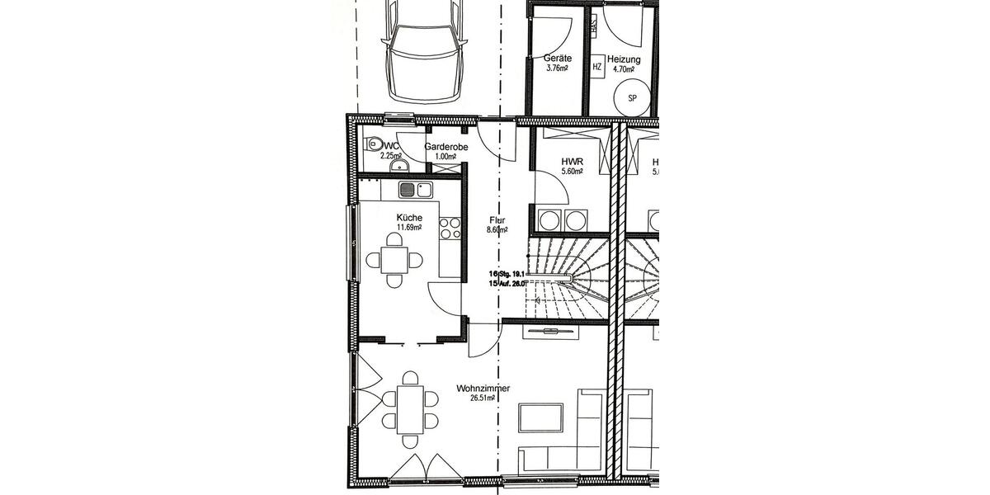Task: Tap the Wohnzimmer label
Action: (x=483, y=388)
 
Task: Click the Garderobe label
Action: (x=446, y=147)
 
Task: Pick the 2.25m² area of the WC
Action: (x=390, y=155)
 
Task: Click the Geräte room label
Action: (x=558, y=59)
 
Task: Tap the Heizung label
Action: (x=624, y=59)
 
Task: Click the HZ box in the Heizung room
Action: (x=596, y=67)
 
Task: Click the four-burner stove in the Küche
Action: (x=450, y=228)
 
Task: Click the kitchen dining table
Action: (x=395, y=260)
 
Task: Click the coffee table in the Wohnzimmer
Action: (x=540, y=417)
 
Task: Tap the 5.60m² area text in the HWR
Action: (x=572, y=172)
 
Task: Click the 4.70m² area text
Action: (x=625, y=70)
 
